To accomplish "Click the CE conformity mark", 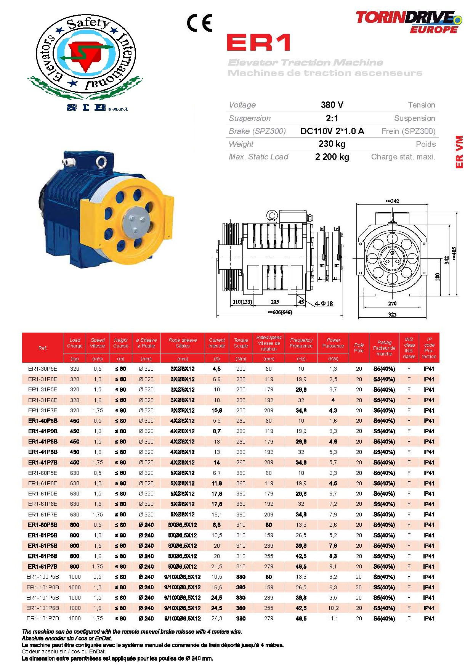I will click(199, 23).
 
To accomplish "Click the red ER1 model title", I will click(258, 42).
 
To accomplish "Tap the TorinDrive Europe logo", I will click(409, 22).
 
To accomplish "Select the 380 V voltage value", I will click(332, 105).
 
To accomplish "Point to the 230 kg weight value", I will click(332, 144).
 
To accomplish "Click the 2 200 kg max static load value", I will click(332, 157).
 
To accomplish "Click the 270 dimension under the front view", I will click(392, 304).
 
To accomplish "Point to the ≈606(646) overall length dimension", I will click(280, 312).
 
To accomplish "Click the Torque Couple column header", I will click(241, 343).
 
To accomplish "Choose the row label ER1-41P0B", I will click(43, 431).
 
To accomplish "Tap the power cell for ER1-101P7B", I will click(333, 618).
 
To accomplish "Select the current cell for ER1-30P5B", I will click(217, 369).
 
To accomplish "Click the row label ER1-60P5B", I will click(43, 473).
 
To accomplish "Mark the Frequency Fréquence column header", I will click(301, 343).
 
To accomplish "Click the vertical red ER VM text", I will click(459, 151).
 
